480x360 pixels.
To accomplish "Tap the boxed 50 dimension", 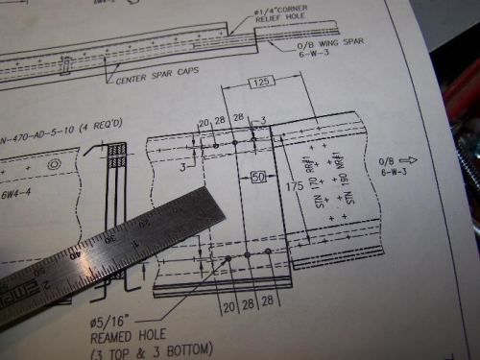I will point(257,177).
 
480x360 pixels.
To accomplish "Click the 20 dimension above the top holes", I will point(203,123).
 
